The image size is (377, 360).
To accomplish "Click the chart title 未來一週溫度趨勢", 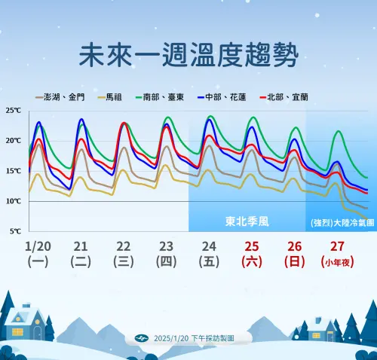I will [x=188, y=55].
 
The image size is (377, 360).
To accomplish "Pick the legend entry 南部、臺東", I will [x=164, y=97].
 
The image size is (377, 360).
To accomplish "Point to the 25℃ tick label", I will [x=13, y=111].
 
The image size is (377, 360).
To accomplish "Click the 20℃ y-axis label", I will [x=13, y=141].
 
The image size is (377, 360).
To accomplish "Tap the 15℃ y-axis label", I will [x=13, y=171].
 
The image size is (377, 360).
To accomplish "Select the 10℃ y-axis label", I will [x=13, y=201].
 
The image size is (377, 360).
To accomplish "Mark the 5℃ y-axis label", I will [x=14, y=231].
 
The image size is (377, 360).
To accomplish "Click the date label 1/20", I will [x=37, y=246].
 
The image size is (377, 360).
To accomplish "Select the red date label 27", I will [x=338, y=246].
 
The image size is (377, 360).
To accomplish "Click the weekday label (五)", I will [x=209, y=262].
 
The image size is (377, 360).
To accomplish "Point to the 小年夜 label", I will [x=338, y=262].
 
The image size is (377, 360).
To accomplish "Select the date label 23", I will [x=167, y=246].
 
